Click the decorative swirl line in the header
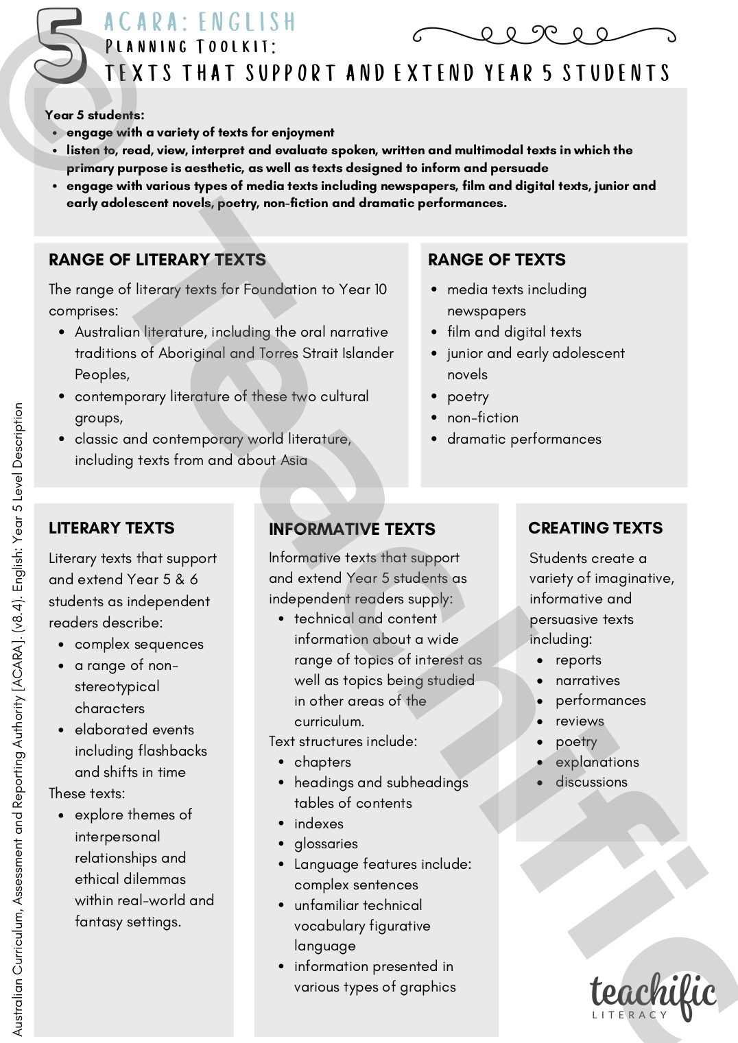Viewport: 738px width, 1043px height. pos(544,34)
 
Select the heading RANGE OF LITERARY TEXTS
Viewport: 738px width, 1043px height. pos(157,260)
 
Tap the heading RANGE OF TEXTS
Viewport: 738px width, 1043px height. pos(497,260)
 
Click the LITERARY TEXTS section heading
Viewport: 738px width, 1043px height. pos(111,528)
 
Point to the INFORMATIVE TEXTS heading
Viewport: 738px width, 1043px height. pos(352,529)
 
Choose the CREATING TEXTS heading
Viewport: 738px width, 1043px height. pos(595,528)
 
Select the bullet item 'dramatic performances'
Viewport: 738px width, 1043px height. pos(524,439)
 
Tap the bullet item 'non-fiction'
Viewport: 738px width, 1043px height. pos(483,418)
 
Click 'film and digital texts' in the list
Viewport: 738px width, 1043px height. pos(514,332)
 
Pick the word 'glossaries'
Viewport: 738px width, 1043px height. pos(326,843)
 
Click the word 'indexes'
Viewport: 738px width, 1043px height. pos(319,824)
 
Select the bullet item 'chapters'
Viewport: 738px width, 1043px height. pos(322,762)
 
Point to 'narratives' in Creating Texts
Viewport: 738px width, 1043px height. pos(587,680)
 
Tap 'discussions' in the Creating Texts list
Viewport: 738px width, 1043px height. pos(591,782)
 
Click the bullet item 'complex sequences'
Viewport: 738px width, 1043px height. pos(139,644)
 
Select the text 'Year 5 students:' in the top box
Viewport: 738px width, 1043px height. pos(95,115)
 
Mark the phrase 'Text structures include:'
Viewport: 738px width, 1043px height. pos(343,741)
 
